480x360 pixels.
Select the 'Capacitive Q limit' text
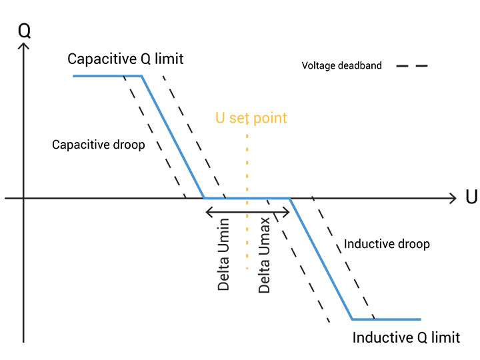tap(125, 59)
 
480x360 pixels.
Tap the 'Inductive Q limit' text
tap(406, 337)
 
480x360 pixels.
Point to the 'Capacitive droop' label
tap(98, 145)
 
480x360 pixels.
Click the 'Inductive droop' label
tap(387, 244)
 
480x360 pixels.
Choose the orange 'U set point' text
tap(251, 118)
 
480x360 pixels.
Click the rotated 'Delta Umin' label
tap(224, 254)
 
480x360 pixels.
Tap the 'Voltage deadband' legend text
tap(341, 66)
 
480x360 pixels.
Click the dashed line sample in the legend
tap(411, 66)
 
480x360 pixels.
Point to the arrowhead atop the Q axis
tap(24, 47)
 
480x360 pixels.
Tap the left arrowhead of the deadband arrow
tap(207, 212)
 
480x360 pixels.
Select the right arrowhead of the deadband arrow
tap(287, 212)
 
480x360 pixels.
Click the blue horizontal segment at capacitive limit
tap(107, 76)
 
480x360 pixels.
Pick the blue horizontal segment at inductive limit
tap(387, 319)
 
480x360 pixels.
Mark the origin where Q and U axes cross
tap(24, 199)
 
